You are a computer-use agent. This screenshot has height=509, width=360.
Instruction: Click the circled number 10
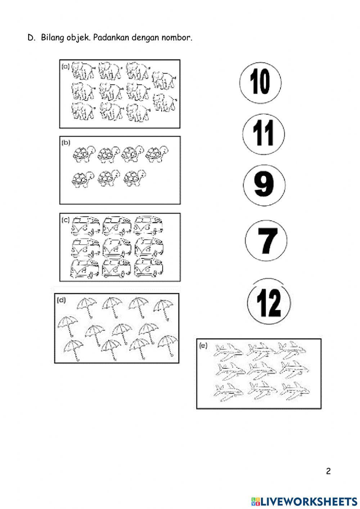pos(260,83)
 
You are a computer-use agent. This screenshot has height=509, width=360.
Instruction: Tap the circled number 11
pos(264,134)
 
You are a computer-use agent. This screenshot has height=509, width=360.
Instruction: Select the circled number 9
pos(264,185)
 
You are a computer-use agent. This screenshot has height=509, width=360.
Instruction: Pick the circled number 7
pos(266,241)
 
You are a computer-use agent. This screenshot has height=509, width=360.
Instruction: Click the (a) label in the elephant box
pos(66,67)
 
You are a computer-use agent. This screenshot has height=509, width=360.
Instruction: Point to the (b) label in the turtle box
pos(66,143)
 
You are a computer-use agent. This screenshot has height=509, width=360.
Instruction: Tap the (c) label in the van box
pos(66,220)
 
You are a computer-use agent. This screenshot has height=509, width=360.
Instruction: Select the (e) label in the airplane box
pos(203,345)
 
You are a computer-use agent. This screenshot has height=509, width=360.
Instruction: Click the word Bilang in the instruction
pos(53,37)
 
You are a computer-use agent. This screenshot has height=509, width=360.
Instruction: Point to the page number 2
pos(328,471)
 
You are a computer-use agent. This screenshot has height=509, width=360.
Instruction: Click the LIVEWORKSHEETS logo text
pos(304,501)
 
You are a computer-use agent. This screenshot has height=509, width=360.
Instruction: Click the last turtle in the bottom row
pos(135,178)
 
